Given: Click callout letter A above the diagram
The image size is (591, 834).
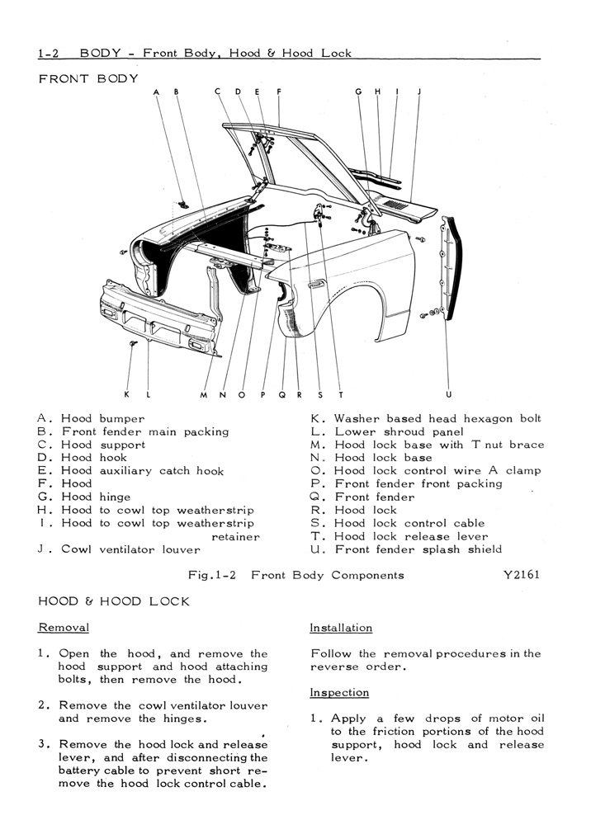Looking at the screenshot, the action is tap(156, 92).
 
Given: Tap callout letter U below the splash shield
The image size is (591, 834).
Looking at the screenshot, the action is tap(449, 395).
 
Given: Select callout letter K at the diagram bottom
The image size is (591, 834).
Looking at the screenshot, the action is tap(127, 394).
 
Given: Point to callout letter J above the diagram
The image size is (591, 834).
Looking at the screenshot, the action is tap(419, 92).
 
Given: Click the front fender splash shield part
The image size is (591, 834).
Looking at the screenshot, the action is tap(451, 269).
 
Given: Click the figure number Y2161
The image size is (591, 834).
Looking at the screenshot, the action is tap(521, 574).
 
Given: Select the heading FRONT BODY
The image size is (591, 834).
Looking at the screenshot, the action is tap(88, 78).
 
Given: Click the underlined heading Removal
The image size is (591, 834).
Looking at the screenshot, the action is tap(64, 628).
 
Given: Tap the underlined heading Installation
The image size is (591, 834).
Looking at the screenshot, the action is tap(341, 628).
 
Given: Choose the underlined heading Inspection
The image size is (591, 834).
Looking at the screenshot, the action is tap(339, 692).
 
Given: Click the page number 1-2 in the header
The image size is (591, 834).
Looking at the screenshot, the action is tap(49, 53).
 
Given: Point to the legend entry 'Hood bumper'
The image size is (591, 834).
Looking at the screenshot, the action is tap(102, 418).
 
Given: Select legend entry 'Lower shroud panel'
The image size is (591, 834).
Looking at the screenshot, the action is tap(400, 432).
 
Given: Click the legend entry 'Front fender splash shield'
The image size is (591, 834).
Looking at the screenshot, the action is tap(418, 549).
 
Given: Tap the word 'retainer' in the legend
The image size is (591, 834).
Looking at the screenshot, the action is tap(235, 537).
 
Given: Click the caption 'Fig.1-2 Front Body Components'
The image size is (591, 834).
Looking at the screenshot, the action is tap(296, 575).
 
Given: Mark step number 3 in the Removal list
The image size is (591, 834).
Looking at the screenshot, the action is tap(43, 744).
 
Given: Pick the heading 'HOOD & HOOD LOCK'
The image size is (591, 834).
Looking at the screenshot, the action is tap(114, 601).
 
